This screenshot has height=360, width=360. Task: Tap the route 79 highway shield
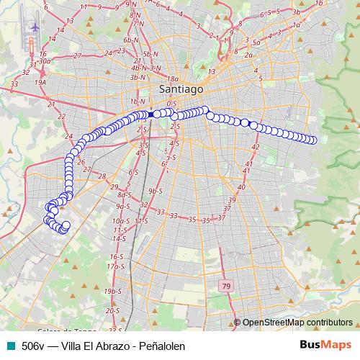pyautogui.click(x=227, y=287)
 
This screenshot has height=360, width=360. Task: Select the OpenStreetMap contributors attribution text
pyautogui.click(x=297, y=323)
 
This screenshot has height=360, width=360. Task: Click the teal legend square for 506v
pyautogui.click(x=10, y=346)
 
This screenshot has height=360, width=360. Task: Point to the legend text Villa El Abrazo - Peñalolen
pyautogui.click(x=124, y=346)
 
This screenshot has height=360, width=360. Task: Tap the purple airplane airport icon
pyautogui.click(x=34, y=27)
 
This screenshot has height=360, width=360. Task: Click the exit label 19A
pyautogui.click(x=40, y=82)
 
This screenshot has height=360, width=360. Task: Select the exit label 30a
pyautogui.click(x=44, y=61)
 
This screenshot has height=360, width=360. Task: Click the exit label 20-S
pyautogui.click(x=112, y=310)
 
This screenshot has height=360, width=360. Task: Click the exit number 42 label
pyautogui.click(x=255, y=147)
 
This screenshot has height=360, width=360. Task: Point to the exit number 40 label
pyautogui.click(x=241, y=186)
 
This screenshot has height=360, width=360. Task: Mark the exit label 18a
pyautogui.click(x=171, y=79)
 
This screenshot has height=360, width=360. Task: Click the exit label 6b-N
pyautogui.click(x=130, y=40)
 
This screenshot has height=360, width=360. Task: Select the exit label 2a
pyautogui.click(x=248, y=54)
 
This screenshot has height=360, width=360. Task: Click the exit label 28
pyautogui.click(x=102, y=176)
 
